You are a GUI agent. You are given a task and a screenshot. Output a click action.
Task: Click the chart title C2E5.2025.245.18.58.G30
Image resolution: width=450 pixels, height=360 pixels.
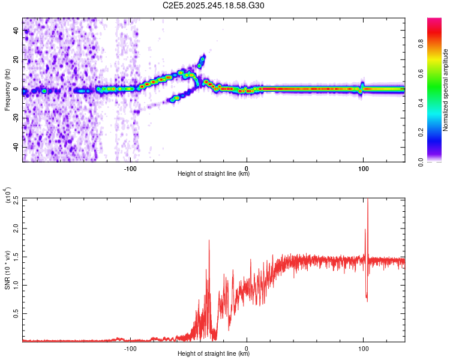pyautogui.click(x=214, y=5)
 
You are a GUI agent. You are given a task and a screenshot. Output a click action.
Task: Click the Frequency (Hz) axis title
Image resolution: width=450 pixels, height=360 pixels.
pyautogui.click(x=8, y=89)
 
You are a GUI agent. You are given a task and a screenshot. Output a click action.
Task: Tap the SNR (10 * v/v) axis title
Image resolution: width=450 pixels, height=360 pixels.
pyautogui.click(x=8, y=269)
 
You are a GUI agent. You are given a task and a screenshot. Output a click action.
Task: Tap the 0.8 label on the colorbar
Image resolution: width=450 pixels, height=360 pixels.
pyautogui.click(x=437, y=44)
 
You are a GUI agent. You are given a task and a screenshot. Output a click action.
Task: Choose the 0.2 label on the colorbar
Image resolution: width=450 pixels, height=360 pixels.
pyautogui.click(x=437, y=132)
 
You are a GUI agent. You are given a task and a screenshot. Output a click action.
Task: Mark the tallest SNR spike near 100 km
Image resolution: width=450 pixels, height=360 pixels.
pyautogui.click(x=367, y=200)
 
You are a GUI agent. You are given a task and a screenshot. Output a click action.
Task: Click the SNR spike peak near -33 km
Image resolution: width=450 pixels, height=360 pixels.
pyautogui.click(x=209, y=241)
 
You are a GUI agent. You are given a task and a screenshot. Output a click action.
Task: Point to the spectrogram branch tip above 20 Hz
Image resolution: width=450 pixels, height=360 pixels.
pyautogui.click(x=203, y=57)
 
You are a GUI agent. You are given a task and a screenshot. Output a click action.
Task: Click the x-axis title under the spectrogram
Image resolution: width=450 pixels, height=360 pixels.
pyautogui.click(x=214, y=174)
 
